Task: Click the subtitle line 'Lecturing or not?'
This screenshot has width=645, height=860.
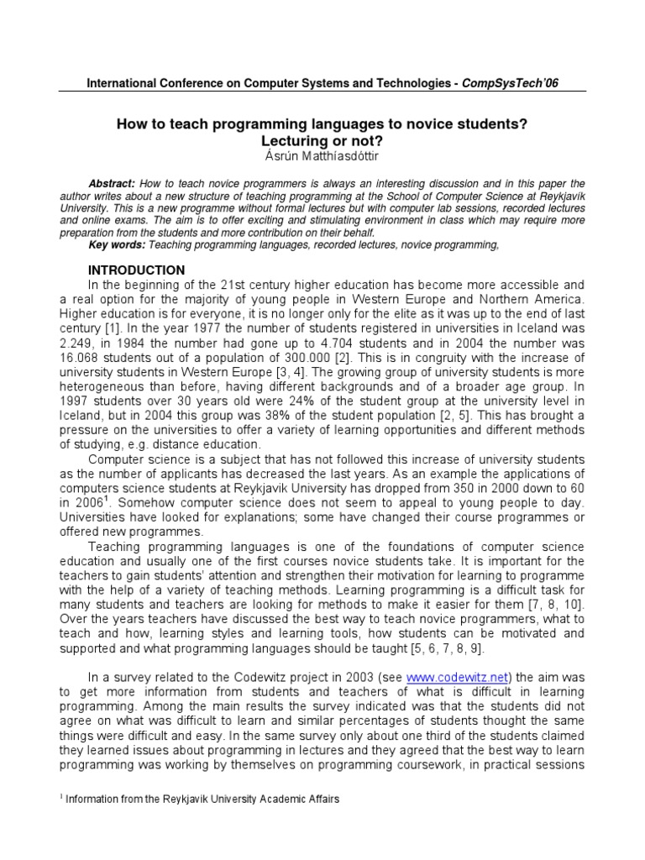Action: tap(322, 139)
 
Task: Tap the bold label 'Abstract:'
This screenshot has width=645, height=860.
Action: tap(112, 182)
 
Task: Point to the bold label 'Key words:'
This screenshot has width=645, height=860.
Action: tap(116, 244)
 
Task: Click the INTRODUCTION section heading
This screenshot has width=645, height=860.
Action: tap(136, 270)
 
